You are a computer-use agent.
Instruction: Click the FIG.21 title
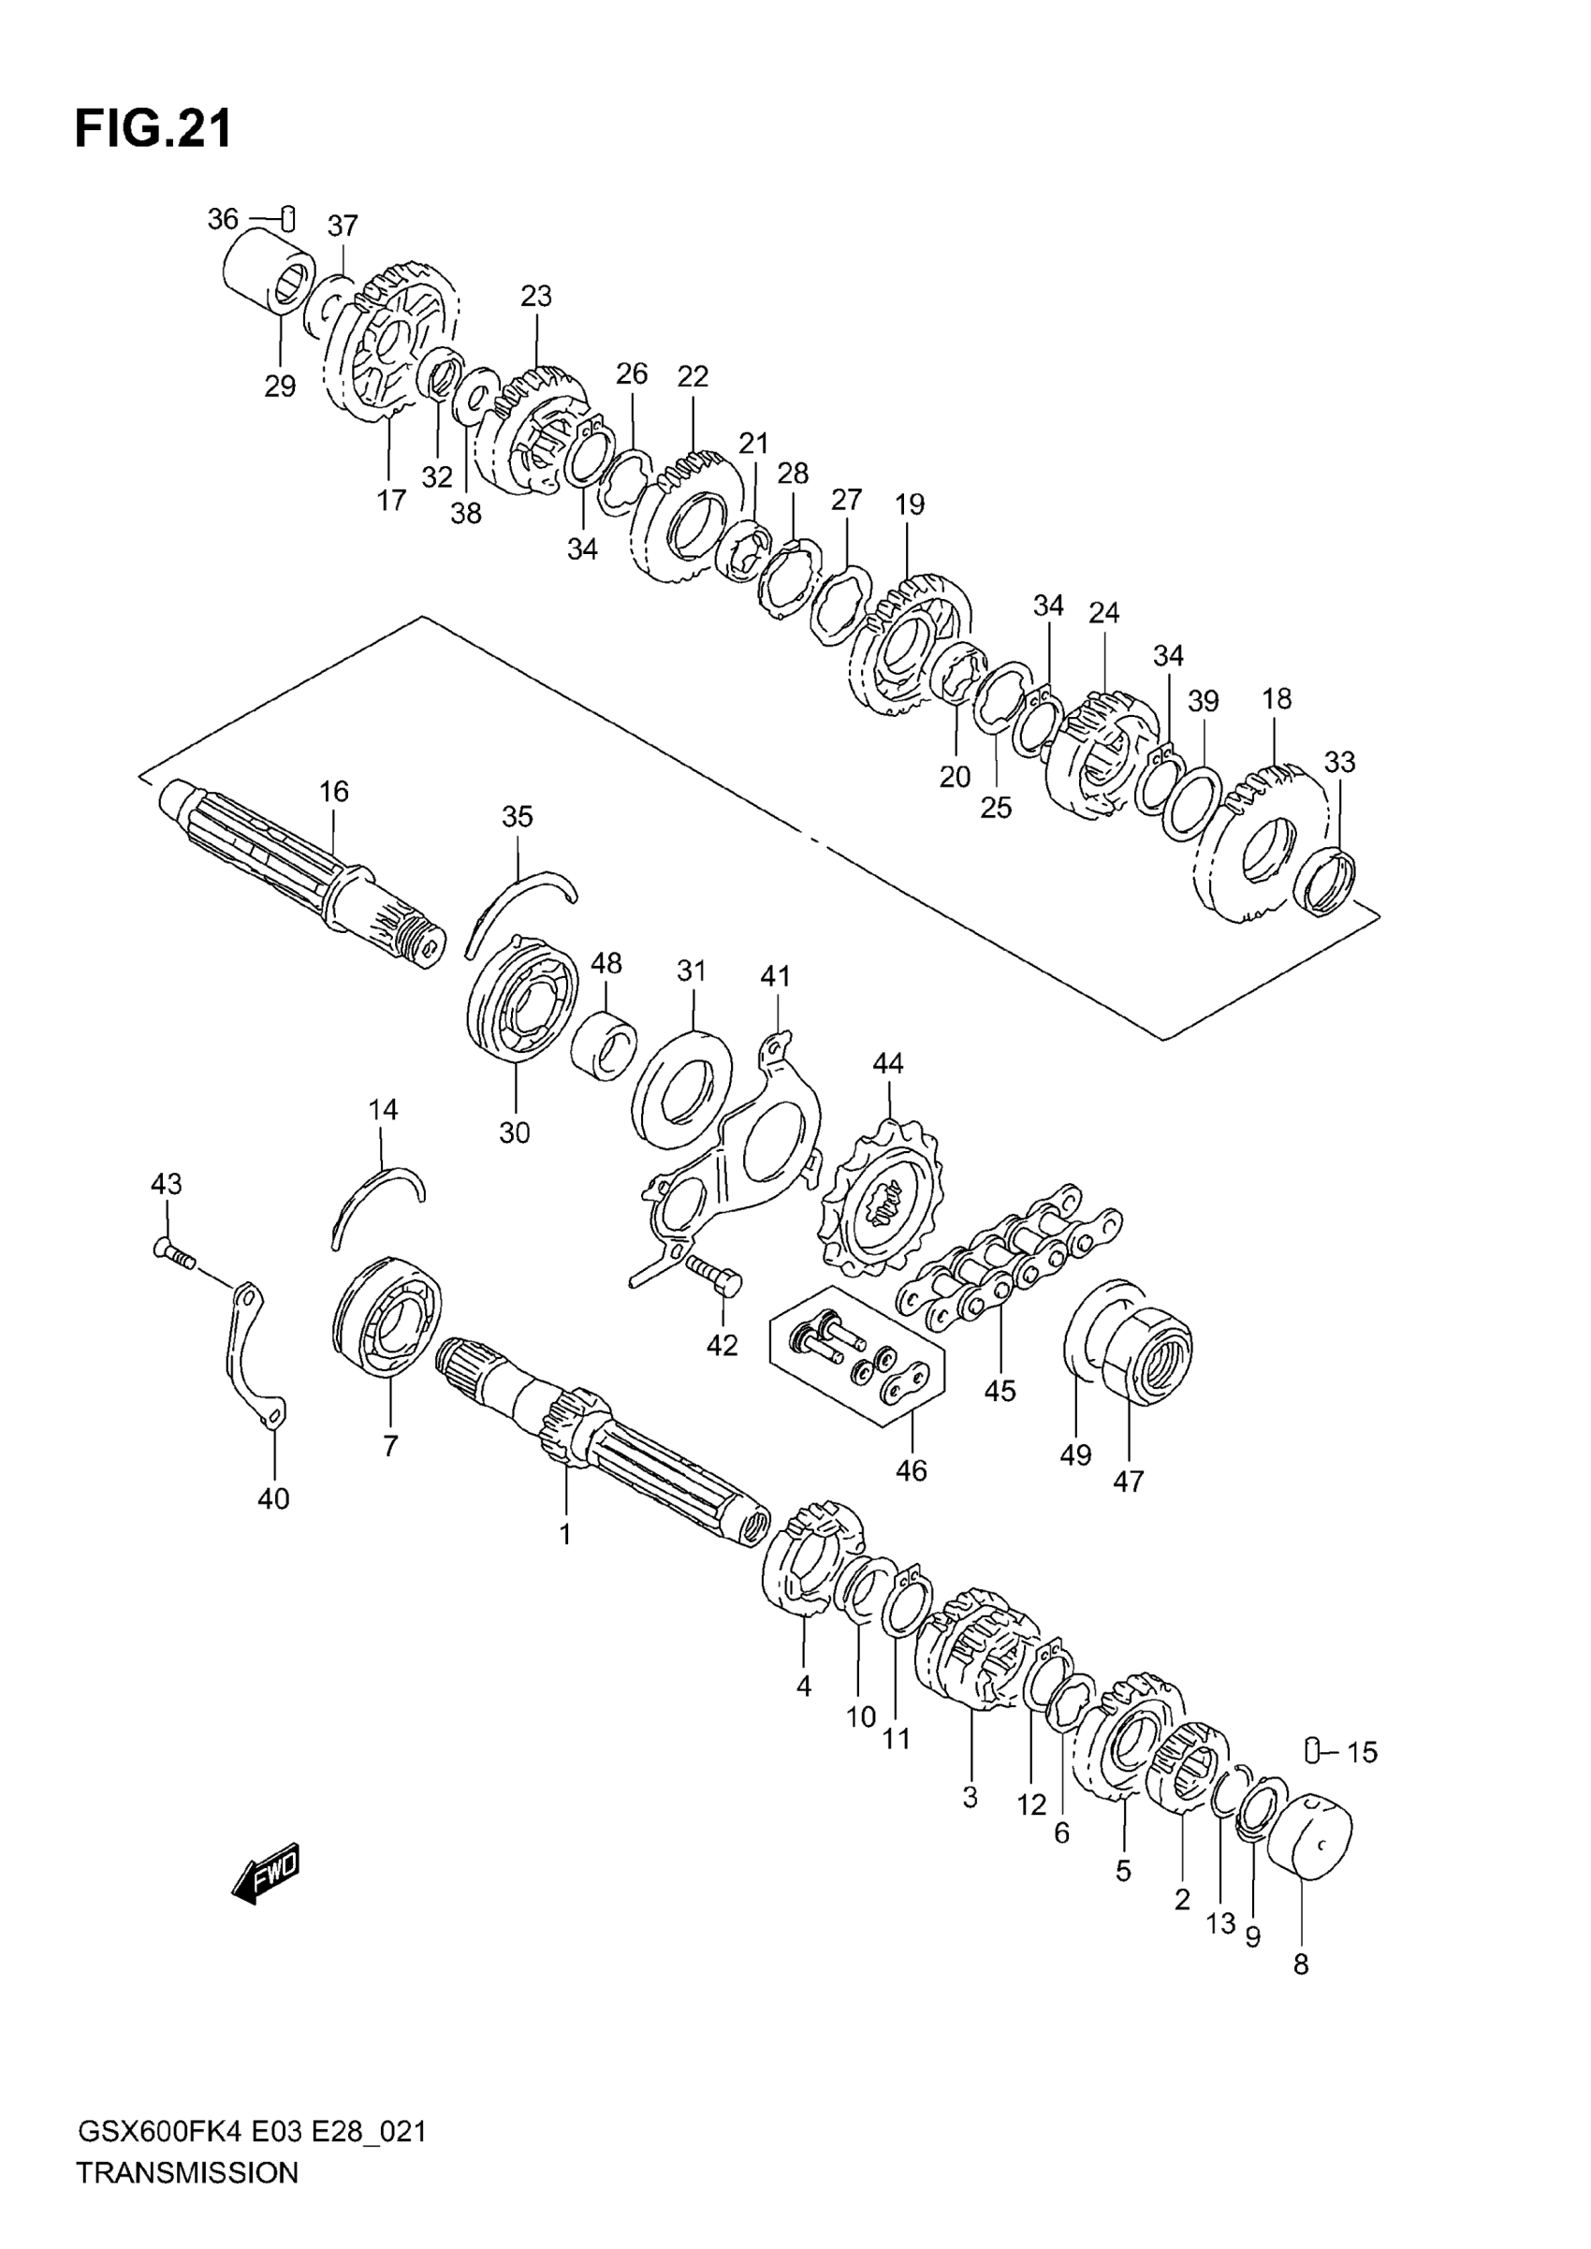click(153, 128)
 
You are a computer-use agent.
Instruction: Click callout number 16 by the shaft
click(334, 792)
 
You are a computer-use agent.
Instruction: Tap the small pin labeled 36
click(288, 218)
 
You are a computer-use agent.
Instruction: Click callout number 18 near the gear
click(1277, 699)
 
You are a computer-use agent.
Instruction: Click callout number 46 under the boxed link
click(912, 1497)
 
